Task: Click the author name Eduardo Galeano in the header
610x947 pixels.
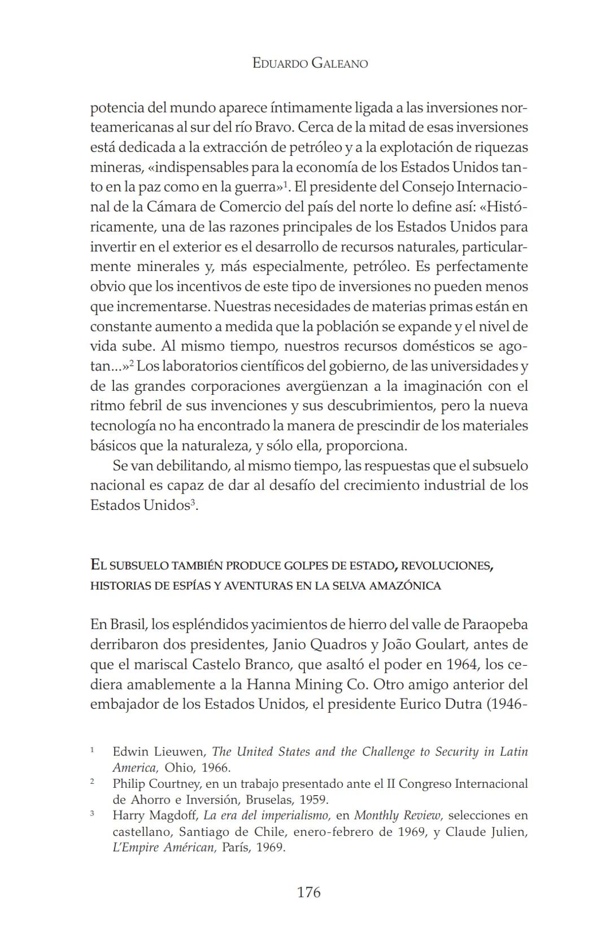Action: pos(310,63)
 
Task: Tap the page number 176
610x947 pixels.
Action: pos(308,892)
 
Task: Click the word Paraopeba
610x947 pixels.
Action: pos(495,625)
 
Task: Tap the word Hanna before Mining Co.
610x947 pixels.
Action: pos(268,684)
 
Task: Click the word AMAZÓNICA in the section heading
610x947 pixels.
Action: pos(404,586)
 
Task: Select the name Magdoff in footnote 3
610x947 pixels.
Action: pos(173,815)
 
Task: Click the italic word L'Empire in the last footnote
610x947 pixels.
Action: pos(134,848)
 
